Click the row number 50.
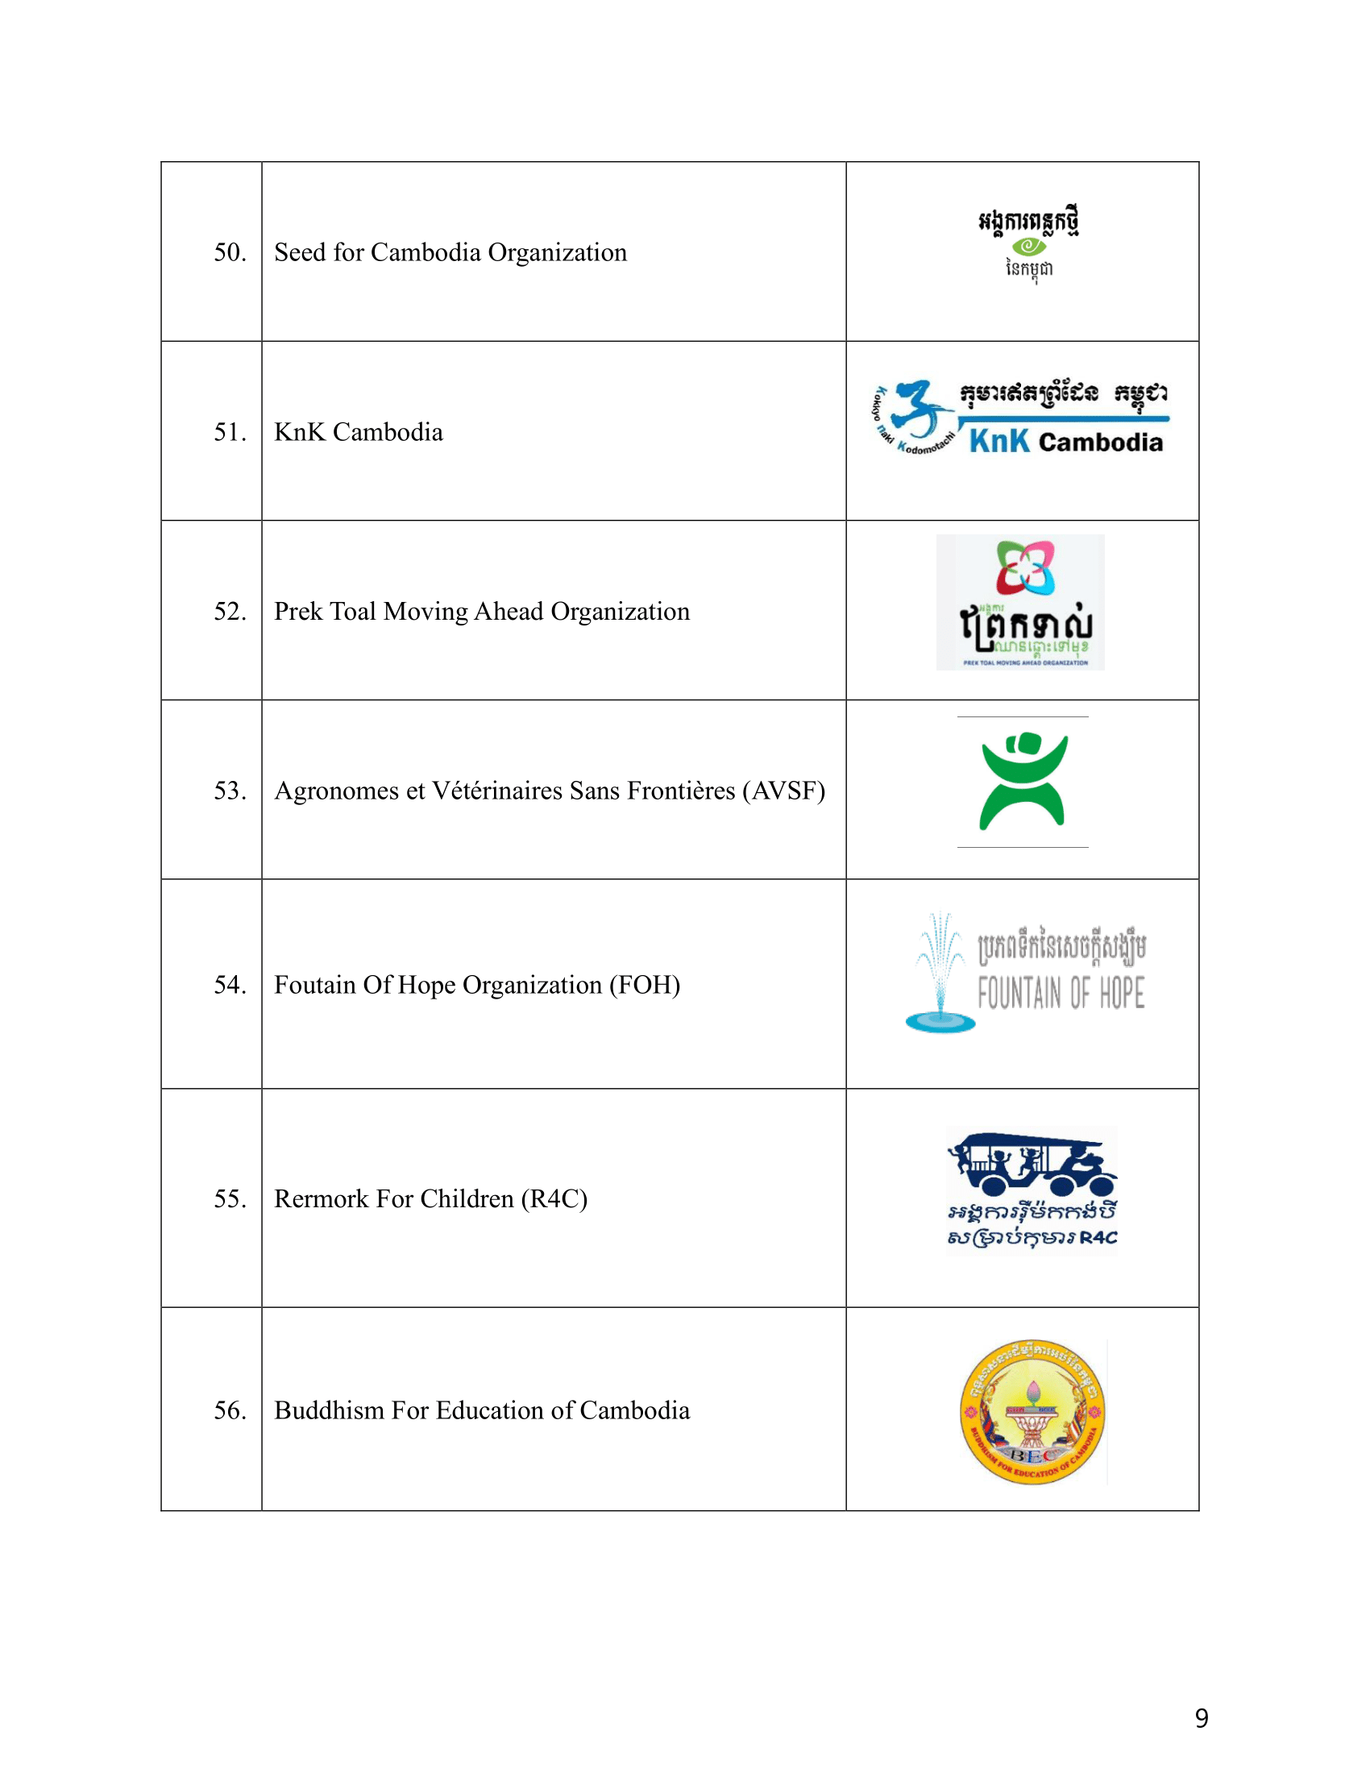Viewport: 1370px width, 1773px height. (x=230, y=252)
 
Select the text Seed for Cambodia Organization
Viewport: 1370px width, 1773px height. (x=450, y=252)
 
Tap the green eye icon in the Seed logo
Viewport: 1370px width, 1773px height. (x=1028, y=245)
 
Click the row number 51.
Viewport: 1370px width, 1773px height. (x=230, y=432)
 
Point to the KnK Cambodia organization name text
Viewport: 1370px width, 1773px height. (x=359, y=432)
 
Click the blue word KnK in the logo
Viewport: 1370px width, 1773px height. (x=999, y=442)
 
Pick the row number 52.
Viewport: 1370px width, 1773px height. (x=230, y=612)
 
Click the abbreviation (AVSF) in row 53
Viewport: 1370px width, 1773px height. (x=783, y=791)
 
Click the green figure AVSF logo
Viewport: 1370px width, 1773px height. (x=1023, y=781)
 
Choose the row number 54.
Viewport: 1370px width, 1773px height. (x=230, y=985)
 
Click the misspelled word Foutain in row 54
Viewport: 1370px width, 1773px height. (x=315, y=985)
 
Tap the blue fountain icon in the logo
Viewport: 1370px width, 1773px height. (x=940, y=974)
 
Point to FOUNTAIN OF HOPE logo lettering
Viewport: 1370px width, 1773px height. (x=1061, y=993)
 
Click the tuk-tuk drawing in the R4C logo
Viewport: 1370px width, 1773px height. (x=1031, y=1161)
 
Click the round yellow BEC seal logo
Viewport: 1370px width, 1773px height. (x=1032, y=1412)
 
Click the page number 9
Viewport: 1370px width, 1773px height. (x=1202, y=1718)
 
